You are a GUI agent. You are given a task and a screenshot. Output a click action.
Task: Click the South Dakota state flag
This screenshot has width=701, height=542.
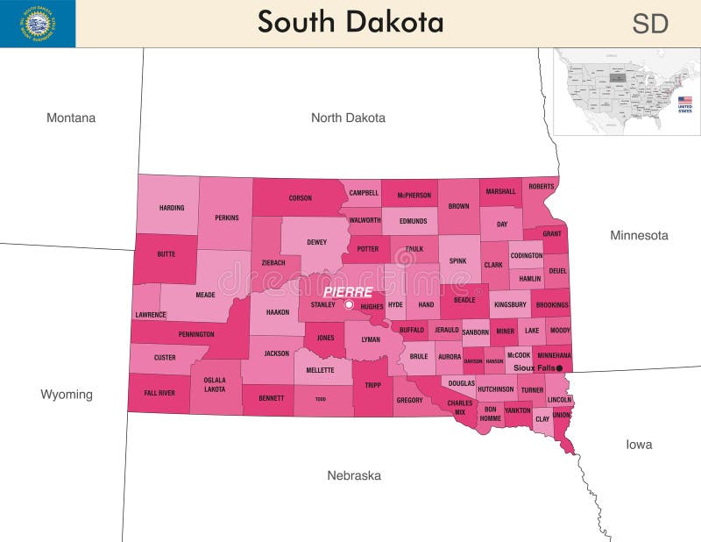[38, 24]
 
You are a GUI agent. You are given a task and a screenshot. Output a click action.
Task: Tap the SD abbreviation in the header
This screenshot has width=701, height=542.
[650, 24]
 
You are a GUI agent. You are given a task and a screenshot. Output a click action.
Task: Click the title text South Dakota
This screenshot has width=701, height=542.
[350, 22]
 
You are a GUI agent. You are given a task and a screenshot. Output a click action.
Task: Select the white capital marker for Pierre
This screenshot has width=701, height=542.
[349, 304]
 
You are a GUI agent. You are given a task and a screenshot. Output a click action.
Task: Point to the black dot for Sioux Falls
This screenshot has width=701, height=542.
[560, 368]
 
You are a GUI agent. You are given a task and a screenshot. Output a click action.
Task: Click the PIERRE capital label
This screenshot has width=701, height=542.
[348, 291]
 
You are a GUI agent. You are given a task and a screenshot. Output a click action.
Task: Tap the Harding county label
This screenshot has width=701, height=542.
[172, 208]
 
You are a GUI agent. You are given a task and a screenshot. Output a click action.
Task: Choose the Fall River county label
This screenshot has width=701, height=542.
[159, 393]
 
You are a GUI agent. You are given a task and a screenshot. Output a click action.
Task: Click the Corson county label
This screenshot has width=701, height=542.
[301, 198]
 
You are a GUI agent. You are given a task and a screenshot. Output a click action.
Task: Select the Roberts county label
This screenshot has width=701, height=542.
[542, 186]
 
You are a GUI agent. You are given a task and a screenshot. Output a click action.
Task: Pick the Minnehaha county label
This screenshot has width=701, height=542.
[554, 355]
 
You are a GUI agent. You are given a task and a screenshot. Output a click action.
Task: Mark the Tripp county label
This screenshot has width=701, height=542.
[373, 385]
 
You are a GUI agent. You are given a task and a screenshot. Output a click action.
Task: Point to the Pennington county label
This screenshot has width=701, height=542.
[195, 334]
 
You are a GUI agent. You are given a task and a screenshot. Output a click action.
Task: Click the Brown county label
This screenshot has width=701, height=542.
[458, 206]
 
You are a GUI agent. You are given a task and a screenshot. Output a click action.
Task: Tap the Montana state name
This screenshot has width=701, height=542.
[71, 118]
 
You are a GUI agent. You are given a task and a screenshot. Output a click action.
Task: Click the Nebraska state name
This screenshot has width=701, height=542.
[354, 475]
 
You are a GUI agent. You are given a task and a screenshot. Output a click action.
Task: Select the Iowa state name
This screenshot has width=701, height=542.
[639, 445]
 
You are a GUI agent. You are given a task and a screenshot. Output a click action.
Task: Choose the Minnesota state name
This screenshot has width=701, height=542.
[639, 235]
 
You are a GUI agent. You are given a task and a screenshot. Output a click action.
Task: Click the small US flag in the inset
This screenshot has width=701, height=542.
[684, 101]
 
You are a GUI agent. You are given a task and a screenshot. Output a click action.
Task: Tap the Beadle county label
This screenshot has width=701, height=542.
[464, 300]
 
